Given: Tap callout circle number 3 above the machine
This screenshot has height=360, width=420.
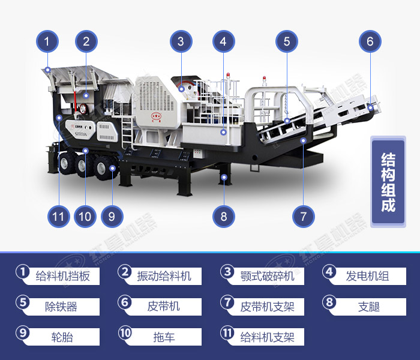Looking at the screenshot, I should (181, 41).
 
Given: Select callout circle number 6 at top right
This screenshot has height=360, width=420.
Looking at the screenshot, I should (370, 41).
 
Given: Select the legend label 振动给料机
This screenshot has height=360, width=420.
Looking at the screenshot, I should (164, 276).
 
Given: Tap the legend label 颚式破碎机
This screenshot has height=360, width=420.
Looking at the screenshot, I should (267, 276).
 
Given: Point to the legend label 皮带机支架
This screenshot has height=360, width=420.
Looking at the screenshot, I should (267, 307).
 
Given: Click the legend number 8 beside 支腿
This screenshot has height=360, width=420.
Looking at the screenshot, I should (329, 302).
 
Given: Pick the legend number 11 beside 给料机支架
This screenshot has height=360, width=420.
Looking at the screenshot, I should (226, 332).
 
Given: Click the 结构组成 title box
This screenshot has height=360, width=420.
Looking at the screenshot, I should (388, 183).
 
